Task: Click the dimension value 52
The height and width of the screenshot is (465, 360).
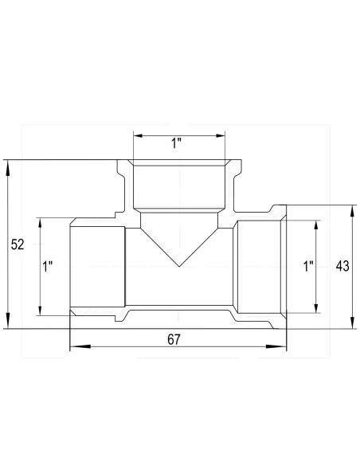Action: click(x=18, y=245)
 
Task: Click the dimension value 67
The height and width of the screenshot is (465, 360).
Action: click(x=174, y=339)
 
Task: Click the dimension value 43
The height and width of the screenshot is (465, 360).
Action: click(x=343, y=266)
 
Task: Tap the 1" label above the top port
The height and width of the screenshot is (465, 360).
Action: click(x=177, y=144)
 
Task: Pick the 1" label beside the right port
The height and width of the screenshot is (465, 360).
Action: click(x=308, y=267)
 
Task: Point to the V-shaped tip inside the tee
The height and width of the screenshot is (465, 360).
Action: click(x=178, y=266)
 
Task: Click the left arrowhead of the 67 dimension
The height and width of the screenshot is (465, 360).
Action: click(x=74, y=347)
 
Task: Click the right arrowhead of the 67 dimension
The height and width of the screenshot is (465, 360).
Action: click(x=283, y=347)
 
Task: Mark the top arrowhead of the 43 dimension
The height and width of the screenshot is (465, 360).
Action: click(x=351, y=207)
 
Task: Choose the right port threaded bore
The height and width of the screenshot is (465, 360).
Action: click(x=259, y=267)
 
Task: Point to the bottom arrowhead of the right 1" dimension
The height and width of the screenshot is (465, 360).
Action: click(x=317, y=311)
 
